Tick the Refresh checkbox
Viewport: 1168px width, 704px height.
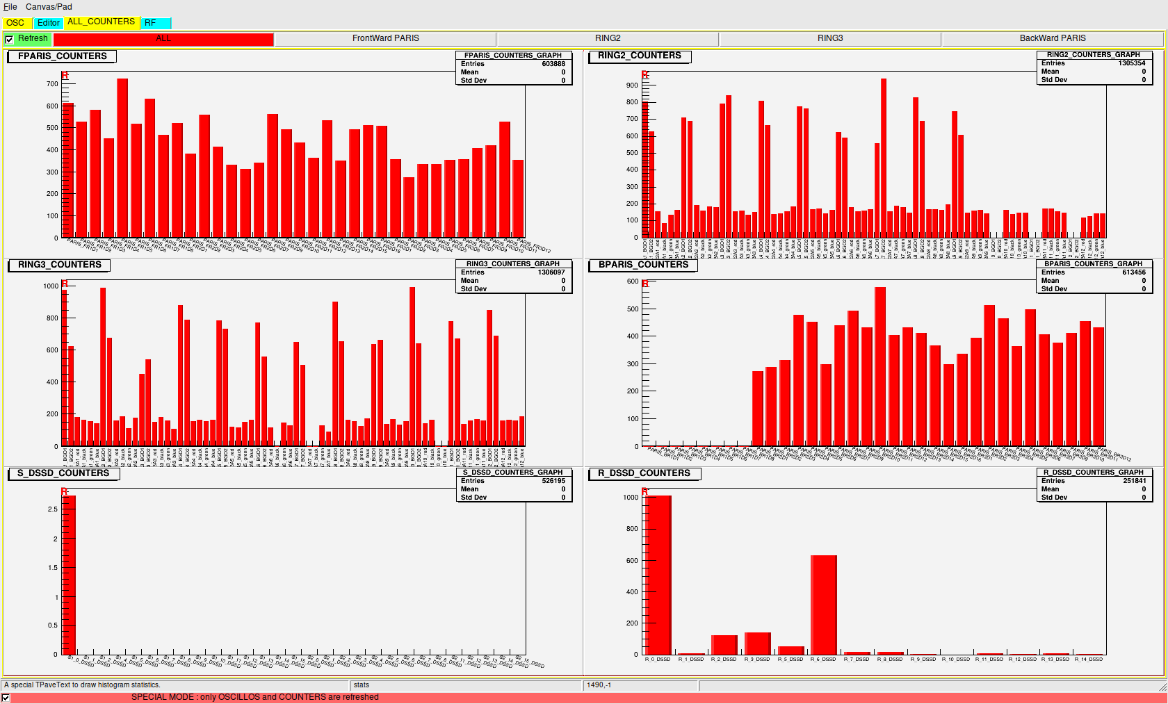click(x=9, y=40)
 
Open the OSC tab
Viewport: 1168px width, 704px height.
click(x=15, y=23)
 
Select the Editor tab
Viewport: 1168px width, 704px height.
click(x=48, y=23)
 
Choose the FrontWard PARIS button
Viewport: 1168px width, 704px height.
click(x=385, y=39)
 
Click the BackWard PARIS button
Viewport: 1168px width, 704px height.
click(x=1053, y=39)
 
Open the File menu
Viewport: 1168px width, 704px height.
click(x=10, y=7)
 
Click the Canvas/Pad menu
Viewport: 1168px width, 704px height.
click(x=49, y=7)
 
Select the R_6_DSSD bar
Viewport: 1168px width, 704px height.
click(x=823, y=604)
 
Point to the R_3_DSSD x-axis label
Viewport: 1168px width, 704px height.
click(x=757, y=660)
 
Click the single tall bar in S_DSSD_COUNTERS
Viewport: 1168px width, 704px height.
click(x=69, y=574)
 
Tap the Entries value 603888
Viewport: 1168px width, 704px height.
click(x=553, y=64)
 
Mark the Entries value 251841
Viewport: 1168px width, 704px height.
click(x=1134, y=481)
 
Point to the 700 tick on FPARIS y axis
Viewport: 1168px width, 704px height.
click(x=53, y=84)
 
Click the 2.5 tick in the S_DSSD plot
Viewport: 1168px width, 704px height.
click(x=53, y=509)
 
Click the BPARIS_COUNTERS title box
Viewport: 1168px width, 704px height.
click(x=643, y=265)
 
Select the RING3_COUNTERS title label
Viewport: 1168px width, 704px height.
click(x=59, y=265)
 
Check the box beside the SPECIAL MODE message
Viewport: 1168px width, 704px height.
click(x=6, y=698)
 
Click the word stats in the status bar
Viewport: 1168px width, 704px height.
click(x=362, y=685)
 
